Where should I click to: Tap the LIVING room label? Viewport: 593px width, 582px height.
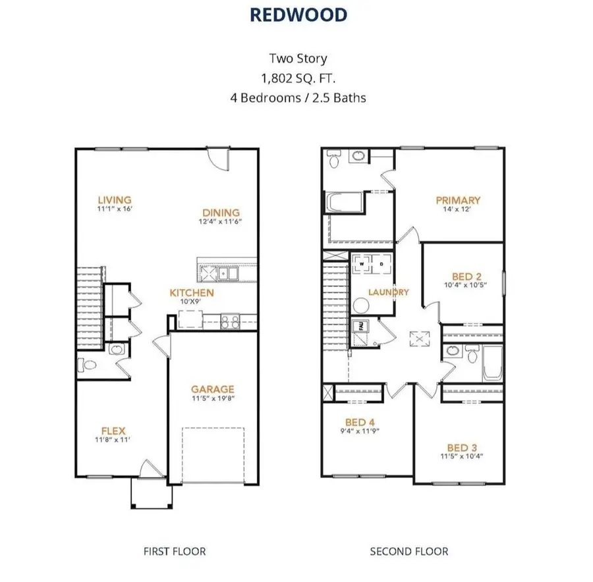pyautogui.click(x=115, y=199)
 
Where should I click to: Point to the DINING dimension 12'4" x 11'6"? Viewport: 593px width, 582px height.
pyautogui.click(x=221, y=223)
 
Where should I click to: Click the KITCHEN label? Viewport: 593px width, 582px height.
pyautogui.click(x=191, y=292)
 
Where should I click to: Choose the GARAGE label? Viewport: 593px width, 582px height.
pyautogui.click(x=212, y=389)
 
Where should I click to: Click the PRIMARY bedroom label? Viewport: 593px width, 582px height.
pyautogui.click(x=458, y=200)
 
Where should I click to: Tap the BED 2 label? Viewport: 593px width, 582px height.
pyautogui.click(x=466, y=276)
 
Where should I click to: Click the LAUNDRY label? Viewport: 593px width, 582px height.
pyautogui.click(x=389, y=292)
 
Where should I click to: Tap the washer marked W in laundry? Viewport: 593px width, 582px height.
pyautogui.click(x=361, y=265)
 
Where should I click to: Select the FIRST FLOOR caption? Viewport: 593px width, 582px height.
pyautogui.click(x=175, y=551)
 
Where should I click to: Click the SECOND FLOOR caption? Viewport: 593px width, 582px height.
pyautogui.click(x=409, y=551)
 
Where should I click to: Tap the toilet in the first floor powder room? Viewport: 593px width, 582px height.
pyautogui.click(x=87, y=363)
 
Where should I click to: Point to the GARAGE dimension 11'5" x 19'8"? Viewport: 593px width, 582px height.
pyautogui.click(x=212, y=399)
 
